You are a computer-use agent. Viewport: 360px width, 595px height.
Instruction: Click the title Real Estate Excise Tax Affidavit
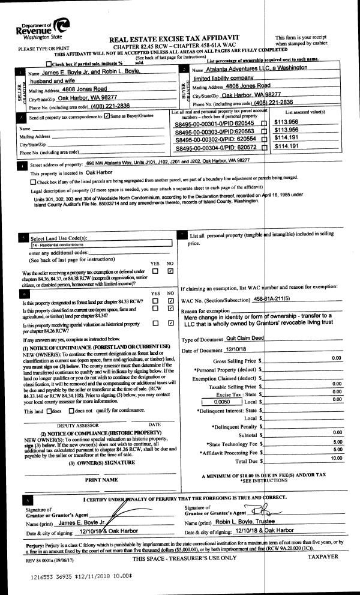pyautogui.click(x=174, y=39)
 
